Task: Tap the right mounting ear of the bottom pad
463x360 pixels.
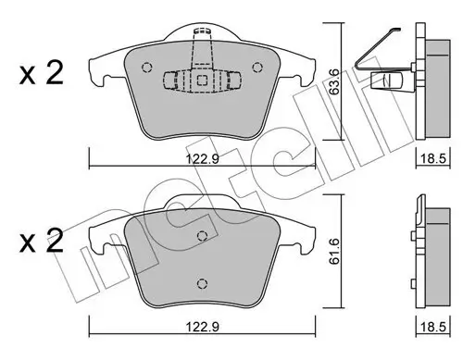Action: point(306,242)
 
